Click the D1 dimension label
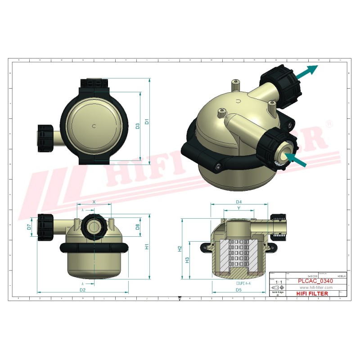pyautogui.click(x=147, y=121)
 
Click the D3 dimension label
pyautogui.click(x=138, y=127)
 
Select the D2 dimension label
pyautogui.click(x=82, y=290)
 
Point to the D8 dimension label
pyautogui.click(x=138, y=227)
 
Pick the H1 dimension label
pyautogui.click(x=147, y=247)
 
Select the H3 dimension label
pyautogui.click(x=188, y=260)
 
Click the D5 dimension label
pyautogui.click(x=238, y=290)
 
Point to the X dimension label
pyautogui.click(x=94, y=202)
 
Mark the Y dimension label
pyautogui.click(x=238, y=208)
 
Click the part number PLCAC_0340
pyautogui.click(x=315, y=281)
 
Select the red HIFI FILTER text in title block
pyautogui.click(x=312, y=293)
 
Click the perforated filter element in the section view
pyautogui.click(x=239, y=256)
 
